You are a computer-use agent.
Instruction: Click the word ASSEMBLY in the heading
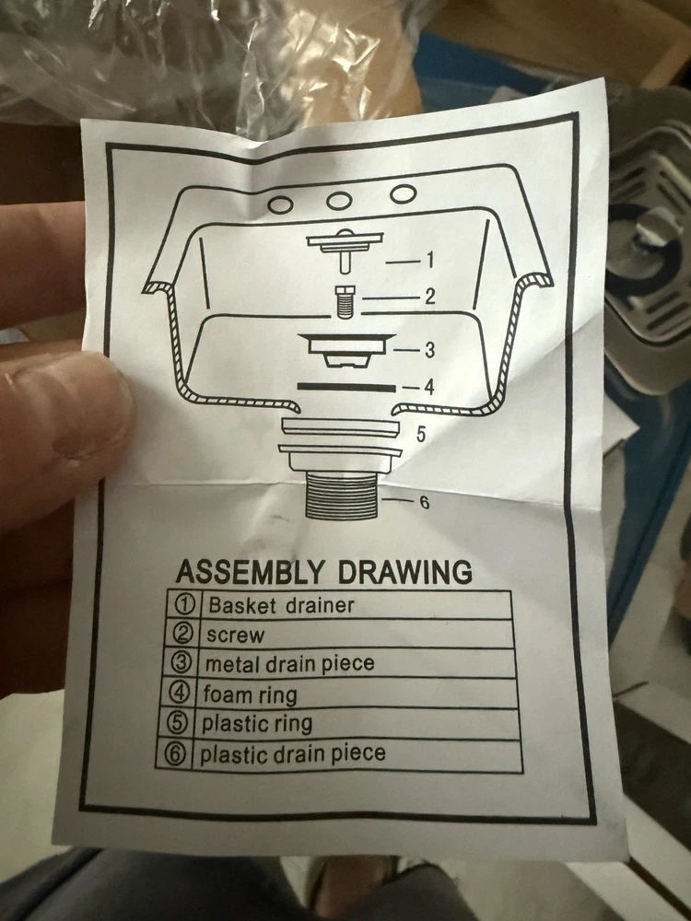click(x=250, y=571)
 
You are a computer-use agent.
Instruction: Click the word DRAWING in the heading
click(x=404, y=572)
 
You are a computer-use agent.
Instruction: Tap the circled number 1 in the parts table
click(x=185, y=604)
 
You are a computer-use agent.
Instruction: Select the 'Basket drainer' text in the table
click(x=281, y=605)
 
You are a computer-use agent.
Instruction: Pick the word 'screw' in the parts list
click(x=236, y=635)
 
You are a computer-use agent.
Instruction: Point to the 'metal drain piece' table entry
click(x=289, y=664)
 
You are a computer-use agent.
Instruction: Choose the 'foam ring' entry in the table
click(x=251, y=694)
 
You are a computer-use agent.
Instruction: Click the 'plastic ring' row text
click(x=257, y=724)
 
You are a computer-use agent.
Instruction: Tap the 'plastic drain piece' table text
click(x=293, y=753)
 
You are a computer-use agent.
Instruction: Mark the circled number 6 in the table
click(x=174, y=754)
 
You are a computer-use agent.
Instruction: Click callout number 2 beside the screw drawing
click(x=430, y=297)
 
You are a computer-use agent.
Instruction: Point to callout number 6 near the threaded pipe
click(x=425, y=503)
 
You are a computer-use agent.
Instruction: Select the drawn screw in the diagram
click(x=343, y=301)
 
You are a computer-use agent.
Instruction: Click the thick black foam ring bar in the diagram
click(x=346, y=387)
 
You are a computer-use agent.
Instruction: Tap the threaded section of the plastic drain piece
click(x=342, y=497)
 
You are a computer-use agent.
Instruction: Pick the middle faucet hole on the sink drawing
click(x=339, y=200)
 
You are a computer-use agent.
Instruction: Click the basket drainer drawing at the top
click(x=345, y=251)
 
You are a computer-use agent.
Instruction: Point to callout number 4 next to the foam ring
click(x=429, y=388)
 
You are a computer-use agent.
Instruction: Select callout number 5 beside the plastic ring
click(x=421, y=434)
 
